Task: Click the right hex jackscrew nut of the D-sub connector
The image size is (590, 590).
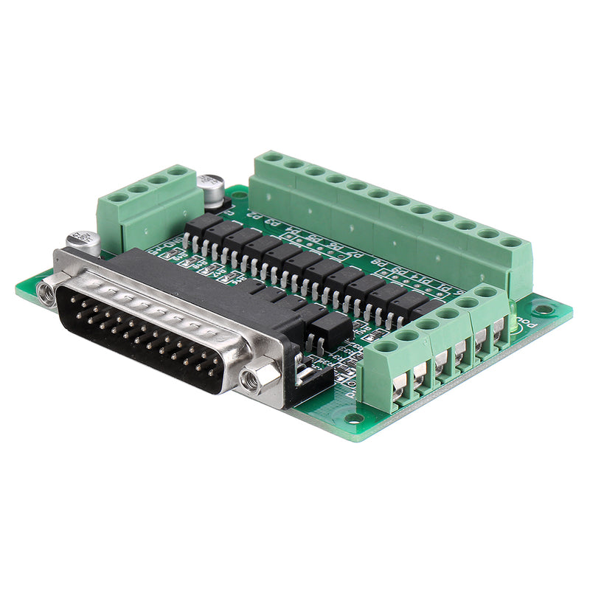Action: pyautogui.click(x=252, y=380)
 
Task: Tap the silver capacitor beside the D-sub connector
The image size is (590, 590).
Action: pyautogui.click(x=83, y=241)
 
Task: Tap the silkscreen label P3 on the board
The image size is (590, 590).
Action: pyautogui.click(x=272, y=222)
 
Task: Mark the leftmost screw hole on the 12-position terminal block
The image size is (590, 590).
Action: pyautogui.click(x=272, y=157)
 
